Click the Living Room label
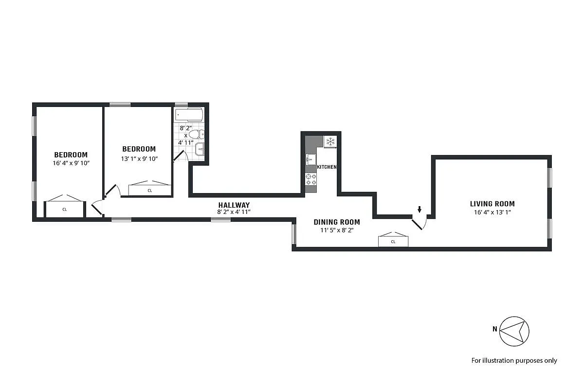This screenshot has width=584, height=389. click(492, 204)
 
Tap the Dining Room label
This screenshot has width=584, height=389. click(336, 222)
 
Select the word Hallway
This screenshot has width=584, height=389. click(234, 205)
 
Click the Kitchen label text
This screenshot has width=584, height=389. click(327, 167)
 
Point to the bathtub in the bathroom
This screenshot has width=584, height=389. click(189, 115)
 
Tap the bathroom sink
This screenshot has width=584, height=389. click(200, 149)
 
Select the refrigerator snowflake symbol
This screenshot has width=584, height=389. click(330, 141)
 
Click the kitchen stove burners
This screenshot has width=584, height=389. click(310, 179)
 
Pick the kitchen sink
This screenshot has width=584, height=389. click(310, 159)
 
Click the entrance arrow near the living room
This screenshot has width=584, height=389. click(420, 210)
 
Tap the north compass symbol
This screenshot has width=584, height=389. click(514, 331)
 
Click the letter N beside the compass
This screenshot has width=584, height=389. click(494, 329)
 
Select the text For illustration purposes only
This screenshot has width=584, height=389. click(514, 360)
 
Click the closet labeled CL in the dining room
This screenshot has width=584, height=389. click(393, 241)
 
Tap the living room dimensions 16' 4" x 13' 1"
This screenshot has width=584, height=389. click(492, 212)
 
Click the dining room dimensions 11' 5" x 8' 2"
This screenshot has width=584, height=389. click(336, 230)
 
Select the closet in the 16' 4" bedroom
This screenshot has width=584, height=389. click(65, 209)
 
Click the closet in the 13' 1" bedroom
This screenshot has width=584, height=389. click(150, 190)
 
